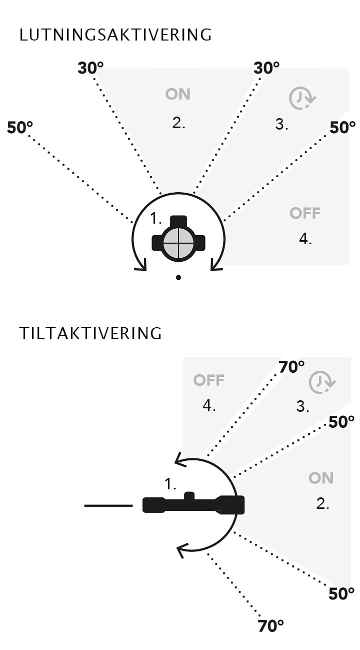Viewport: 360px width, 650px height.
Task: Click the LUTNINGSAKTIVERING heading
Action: coord(115,35)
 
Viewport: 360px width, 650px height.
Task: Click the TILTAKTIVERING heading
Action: coord(90,333)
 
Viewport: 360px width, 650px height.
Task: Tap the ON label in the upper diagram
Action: coord(177,94)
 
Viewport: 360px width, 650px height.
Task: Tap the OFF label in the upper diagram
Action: coord(305,213)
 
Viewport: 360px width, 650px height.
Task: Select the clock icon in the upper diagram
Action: coord(302,98)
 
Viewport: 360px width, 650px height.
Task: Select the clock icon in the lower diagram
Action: coord(322,382)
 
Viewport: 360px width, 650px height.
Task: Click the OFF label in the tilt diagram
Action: coord(208,380)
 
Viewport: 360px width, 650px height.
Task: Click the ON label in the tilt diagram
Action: coord(321,478)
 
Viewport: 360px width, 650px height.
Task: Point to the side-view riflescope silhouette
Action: coord(193,504)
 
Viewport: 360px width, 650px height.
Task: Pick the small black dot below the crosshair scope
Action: coord(178,277)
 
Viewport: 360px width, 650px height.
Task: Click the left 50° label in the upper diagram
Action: coord(19,128)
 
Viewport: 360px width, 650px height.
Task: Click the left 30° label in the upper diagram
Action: coord(90,68)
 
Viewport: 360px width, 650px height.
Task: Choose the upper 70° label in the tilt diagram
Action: coord(291,367)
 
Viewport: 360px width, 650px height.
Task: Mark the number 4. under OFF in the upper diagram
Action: coord(305,239)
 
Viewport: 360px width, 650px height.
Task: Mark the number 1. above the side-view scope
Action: coord(170,484)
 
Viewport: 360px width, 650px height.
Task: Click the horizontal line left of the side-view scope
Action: coord(108,505)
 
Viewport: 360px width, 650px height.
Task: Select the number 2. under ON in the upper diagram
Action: coord(178,123)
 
